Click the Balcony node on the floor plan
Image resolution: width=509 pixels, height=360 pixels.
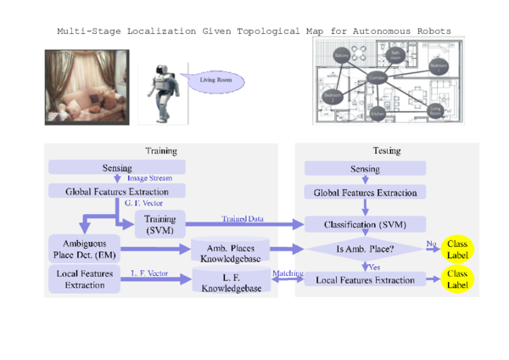coord(341,56)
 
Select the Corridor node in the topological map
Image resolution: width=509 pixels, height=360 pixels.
coord(379,77)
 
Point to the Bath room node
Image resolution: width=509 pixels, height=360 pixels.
coord(395,53)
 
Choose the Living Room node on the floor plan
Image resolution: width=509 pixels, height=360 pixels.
coord(436,110)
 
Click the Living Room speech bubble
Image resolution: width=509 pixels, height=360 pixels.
coord(214,82)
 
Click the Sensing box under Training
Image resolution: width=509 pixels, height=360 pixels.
coord(116,167)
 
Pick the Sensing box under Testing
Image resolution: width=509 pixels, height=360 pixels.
coord(365,170)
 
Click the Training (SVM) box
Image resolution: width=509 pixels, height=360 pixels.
coord(159,224)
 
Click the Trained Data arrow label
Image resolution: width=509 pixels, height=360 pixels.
coord(242,218)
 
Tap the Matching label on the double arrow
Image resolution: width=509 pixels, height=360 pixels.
coord(282,273)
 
